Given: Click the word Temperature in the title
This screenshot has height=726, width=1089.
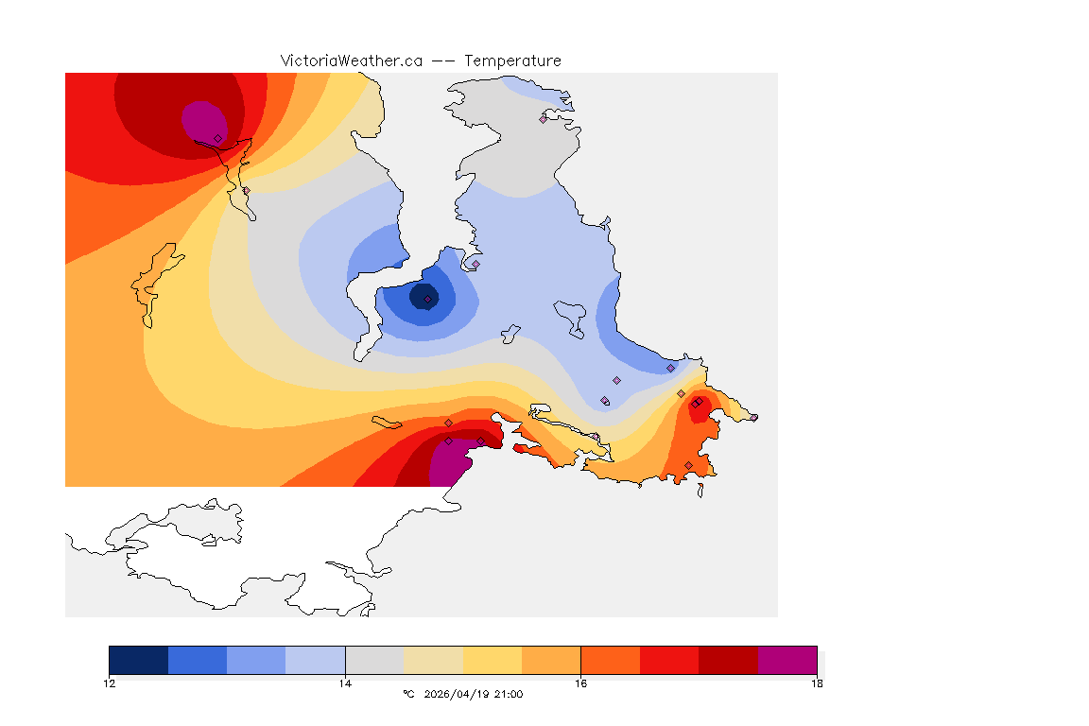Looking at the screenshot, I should click(x=512, y=60).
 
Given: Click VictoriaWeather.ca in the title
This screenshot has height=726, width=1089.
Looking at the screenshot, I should click(x=351, y=60).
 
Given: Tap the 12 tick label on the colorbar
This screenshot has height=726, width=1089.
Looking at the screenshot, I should click(x=110, y=683).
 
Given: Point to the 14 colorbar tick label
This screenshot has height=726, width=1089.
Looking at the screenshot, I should click(x=345, y=683).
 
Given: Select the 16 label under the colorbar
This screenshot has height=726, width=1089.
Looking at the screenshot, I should click(x=580, y=683).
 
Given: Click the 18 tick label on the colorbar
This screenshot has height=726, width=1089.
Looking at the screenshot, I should click(x=817, y=683).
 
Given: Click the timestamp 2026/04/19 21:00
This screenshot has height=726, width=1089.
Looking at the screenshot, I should click(x=470, y=694).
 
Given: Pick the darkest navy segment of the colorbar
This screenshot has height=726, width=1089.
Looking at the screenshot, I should click(x=139, y=660).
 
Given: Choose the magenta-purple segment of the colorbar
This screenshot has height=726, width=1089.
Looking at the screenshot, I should click(x=787, y=660).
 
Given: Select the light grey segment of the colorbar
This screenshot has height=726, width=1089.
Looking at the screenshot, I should click(x=374, y=660).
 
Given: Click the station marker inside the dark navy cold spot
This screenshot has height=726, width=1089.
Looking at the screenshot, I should click(x=428, y=299).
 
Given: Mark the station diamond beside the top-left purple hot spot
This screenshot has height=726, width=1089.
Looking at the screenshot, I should click(x=217, y=138).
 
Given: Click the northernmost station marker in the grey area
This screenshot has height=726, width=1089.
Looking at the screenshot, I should click(x=544, y=119).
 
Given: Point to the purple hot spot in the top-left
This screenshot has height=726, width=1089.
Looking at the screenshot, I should click(x=202, y=119).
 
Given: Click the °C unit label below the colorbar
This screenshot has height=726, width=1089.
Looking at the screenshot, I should click(x=408, y=694).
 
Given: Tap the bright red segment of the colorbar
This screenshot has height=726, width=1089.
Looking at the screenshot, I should click(x=669, y=660).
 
